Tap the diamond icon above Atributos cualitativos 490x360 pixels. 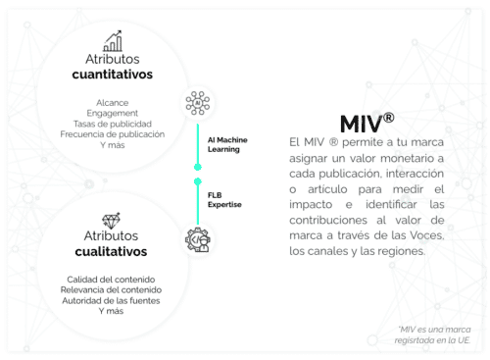pyautogui.click(x=111, y=221)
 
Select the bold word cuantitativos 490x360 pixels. pyautogui.click(x=112, y=75)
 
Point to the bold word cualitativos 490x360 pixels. pyautogui.click(x=111, y=252)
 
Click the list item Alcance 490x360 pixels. pyautogui.click(x=112, y=102)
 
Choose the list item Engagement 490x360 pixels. pyautogui.click(x=112, y=113)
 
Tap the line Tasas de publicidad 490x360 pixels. pyautogui.click(x=112, y=124)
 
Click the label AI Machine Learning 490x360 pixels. pyautogui.click(x=227, y=144)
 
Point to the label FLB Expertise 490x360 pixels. pyautogui.click(x=222, y=199)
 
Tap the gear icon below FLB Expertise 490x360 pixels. pyautogui.click(x=197, y=238)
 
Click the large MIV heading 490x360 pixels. pyautogui.click(x=361, y=125)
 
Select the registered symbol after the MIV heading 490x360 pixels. pyautogui.click(x=389, y=117)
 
